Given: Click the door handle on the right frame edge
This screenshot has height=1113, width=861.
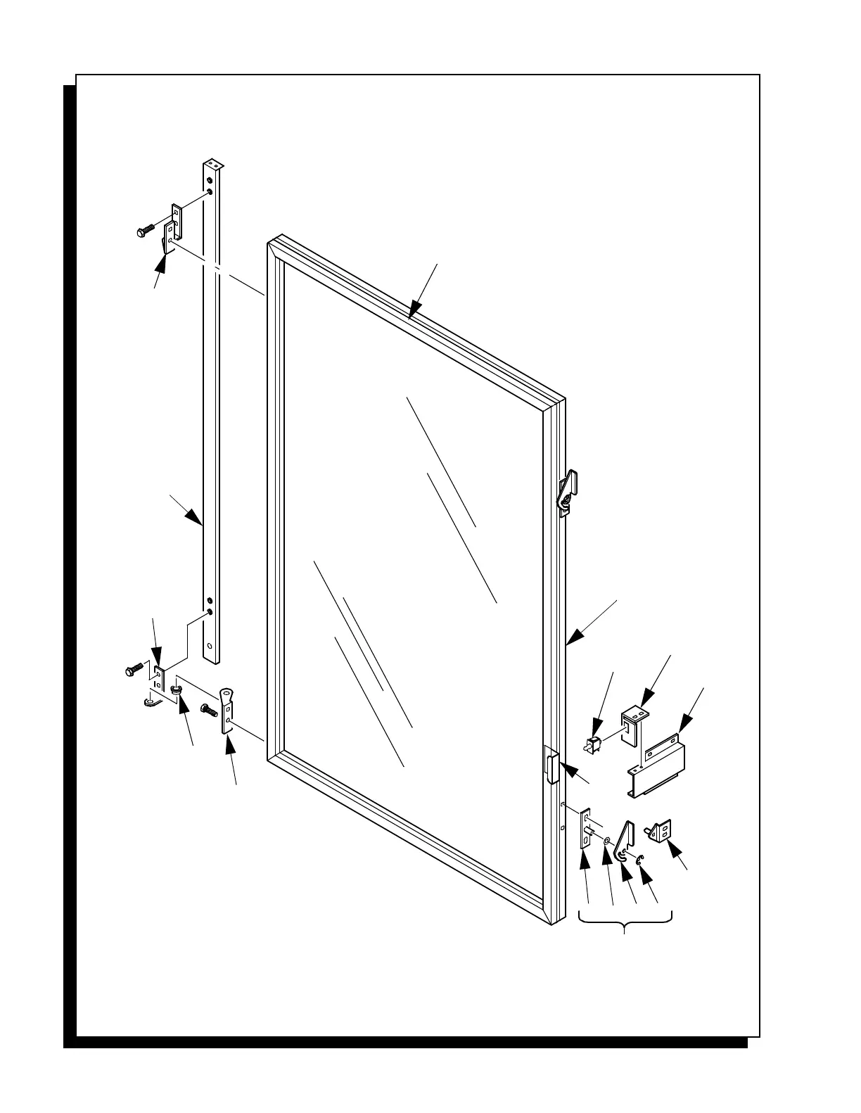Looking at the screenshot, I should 551,767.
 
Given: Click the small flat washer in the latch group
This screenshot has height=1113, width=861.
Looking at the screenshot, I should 606,839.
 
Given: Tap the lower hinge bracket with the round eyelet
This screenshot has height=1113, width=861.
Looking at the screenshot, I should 227,709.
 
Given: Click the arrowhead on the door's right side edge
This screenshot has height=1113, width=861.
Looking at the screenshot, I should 574,637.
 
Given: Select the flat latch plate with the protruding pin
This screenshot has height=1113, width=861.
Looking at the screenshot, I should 585,830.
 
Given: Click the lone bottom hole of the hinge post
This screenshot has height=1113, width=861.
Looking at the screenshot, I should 210,644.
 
